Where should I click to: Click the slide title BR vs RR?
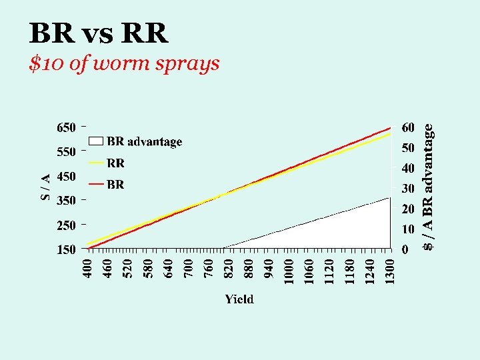pos(99,33)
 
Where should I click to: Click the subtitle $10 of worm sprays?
pos(125,63)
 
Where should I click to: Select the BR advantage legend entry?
pos(135,141)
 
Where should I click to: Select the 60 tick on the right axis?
pos(408,127)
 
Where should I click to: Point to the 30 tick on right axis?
pos(408,189)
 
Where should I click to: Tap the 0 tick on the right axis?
pos(405,250)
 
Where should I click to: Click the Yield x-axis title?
pos(239,299)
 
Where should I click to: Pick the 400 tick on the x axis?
pos(87,269)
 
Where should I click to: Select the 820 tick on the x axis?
pos(229,269)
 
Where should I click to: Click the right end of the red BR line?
pos(390,128)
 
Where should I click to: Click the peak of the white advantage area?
pos(389,198)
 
